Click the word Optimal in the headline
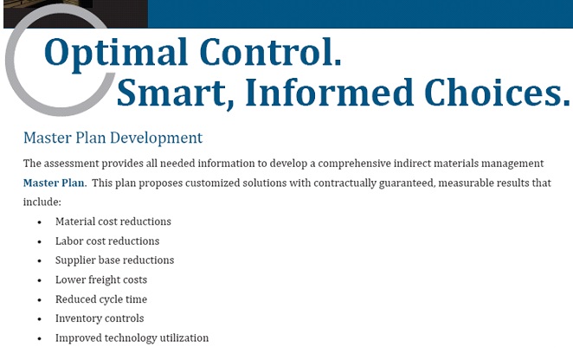tap(116, 53)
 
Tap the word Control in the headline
tap(270, 52)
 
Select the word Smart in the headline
tap(175, 93)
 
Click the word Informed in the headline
tap(329, 92)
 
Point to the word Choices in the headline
tap(497, 92)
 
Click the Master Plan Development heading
tap(113, 138)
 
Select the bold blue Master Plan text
tap(54, 183)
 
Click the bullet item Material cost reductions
tap(113, 222)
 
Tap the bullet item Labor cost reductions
tap(107, 241)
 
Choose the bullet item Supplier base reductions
tap(115, 260)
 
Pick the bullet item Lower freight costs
tap(101, 280)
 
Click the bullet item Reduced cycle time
tap(101, 299)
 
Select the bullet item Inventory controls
tap(100, 318)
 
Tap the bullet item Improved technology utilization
tap(132, 338)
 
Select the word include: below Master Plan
tap(42, 202)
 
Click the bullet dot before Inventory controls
tap(40, 319)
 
